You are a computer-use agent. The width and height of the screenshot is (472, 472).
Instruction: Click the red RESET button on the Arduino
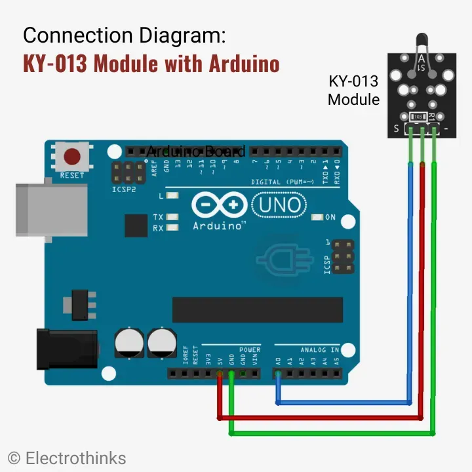click(71, 157)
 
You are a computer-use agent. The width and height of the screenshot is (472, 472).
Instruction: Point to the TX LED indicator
click(172, 217)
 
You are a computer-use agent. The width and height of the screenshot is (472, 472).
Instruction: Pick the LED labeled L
click(172, 195)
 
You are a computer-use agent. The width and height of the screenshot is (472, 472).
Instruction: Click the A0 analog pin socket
click(278, 374)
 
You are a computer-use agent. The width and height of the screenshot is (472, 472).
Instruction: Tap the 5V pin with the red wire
click(219, 374)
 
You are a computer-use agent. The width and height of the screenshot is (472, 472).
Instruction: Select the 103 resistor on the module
click(418, 117)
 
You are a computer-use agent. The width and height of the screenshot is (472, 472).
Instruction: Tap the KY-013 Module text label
click(353, 90)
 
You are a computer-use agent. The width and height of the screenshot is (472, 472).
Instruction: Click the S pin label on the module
click(396, 129)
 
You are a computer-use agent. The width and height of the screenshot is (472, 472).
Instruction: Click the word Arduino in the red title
click(245, 64)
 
